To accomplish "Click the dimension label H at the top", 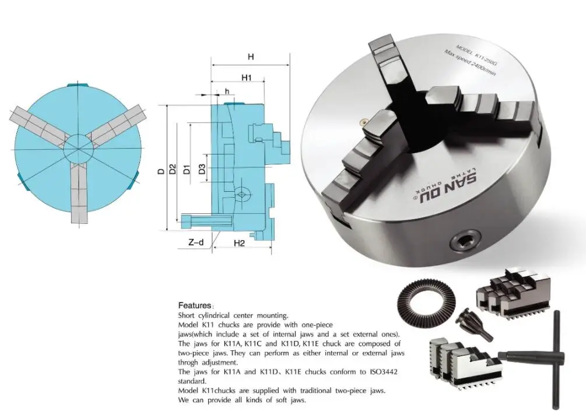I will click(x=250, y=57).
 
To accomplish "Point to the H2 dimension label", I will click(x=238, y=243).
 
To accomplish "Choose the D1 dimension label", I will click(x=187, y=170).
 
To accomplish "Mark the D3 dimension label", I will click(x=201, y=170).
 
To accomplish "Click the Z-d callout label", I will click(x=196, y=243).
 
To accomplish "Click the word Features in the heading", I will click(x=194, y=305).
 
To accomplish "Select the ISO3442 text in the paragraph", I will click(x=385, y=371).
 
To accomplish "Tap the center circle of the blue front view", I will click(x=77, y=145).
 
